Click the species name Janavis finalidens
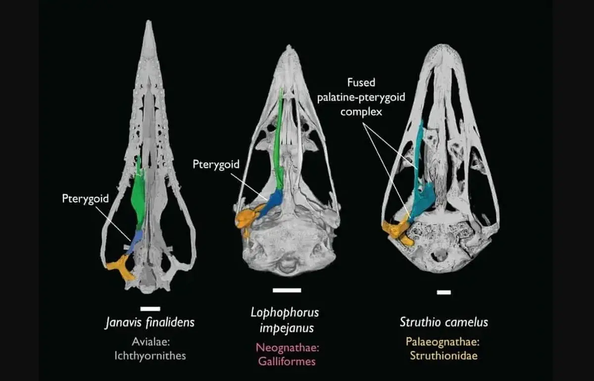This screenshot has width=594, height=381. (150, 323)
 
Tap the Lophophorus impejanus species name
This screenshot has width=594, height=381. (285, 320)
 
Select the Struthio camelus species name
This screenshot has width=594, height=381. (444, 322)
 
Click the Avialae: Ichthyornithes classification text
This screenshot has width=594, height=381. (150, 349)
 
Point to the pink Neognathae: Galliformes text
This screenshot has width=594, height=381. (288, 354)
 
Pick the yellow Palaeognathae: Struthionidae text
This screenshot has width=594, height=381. (443, 349)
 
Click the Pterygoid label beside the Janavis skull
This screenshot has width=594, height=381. (85, 199)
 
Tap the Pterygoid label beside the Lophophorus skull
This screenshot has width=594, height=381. (216, 164)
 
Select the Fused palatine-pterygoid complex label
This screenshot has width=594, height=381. (361, 97)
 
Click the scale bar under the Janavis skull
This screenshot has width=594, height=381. (150, 309)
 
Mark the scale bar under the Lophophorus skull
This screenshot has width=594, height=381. (287, 290)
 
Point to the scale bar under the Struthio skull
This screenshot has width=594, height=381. (444, 292)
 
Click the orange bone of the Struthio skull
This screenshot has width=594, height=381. (397, 230)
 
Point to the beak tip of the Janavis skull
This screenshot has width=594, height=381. (149, 21)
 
